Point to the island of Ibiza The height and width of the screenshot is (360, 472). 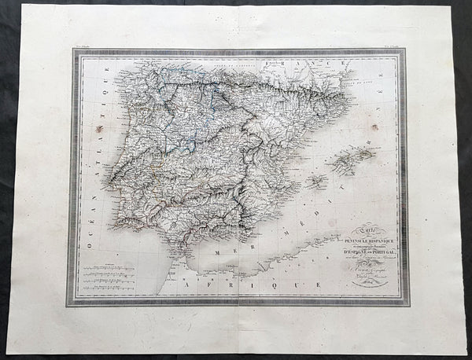point(315,183)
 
